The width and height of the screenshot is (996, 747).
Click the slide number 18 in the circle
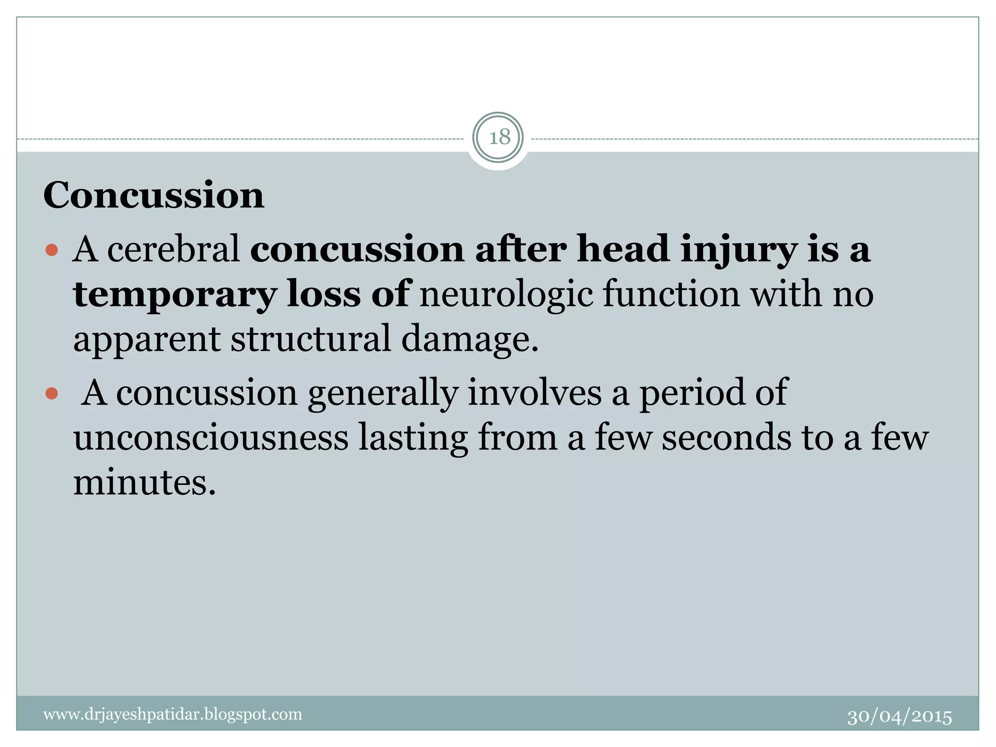tap(498, 138)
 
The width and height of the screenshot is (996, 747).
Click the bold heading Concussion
tap(154, 196)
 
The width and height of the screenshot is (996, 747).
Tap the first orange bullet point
tap(52, 251)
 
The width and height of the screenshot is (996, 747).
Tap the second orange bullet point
tap(52, 393)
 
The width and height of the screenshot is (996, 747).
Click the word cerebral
tap(174, 249)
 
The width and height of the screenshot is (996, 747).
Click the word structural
tap(310, 339)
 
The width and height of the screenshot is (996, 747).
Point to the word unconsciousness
tap(211, 437)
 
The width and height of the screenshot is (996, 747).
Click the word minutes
tap(144, 482)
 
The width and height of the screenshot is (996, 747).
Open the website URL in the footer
tap(173, 714)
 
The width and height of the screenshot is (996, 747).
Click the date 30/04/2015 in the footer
tap(899, 717)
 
